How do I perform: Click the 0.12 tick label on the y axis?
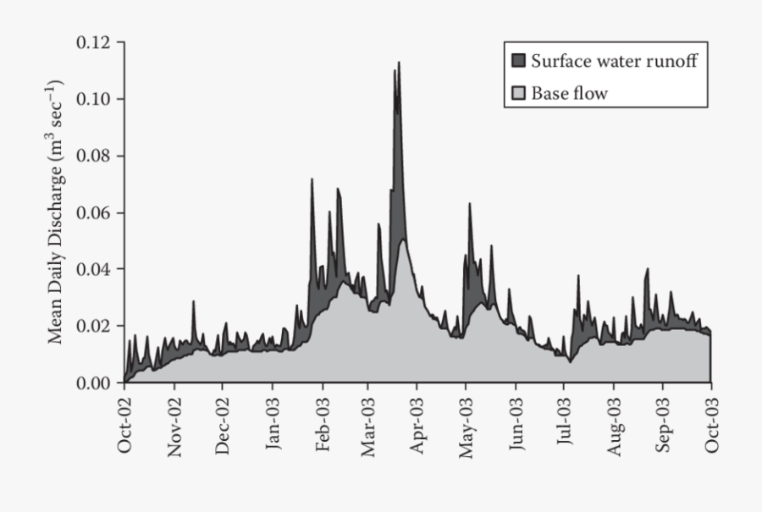point(95,42)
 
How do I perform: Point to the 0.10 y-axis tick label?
point(95,99)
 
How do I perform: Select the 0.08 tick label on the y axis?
point(95,156)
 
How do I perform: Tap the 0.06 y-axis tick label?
point(95,212)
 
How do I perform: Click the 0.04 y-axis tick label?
point(95,269)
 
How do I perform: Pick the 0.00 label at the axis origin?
point(95,383)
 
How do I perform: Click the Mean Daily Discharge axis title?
point(56,212)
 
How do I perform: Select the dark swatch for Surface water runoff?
point(518,61)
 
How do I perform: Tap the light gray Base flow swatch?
point(518,93)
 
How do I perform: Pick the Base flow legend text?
point(569,93)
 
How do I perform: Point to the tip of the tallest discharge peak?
point(399,63)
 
